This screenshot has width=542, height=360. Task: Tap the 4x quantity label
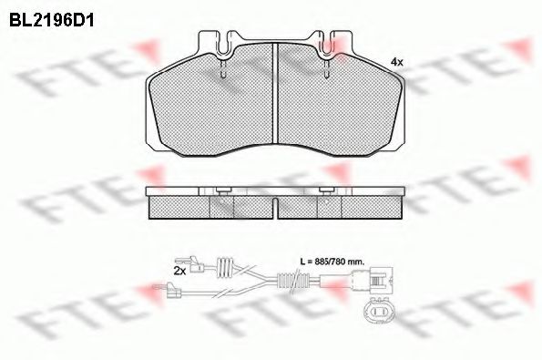(396, 61)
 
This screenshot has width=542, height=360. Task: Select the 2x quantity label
(179, 271)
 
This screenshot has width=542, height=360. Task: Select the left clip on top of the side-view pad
(222, 190)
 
